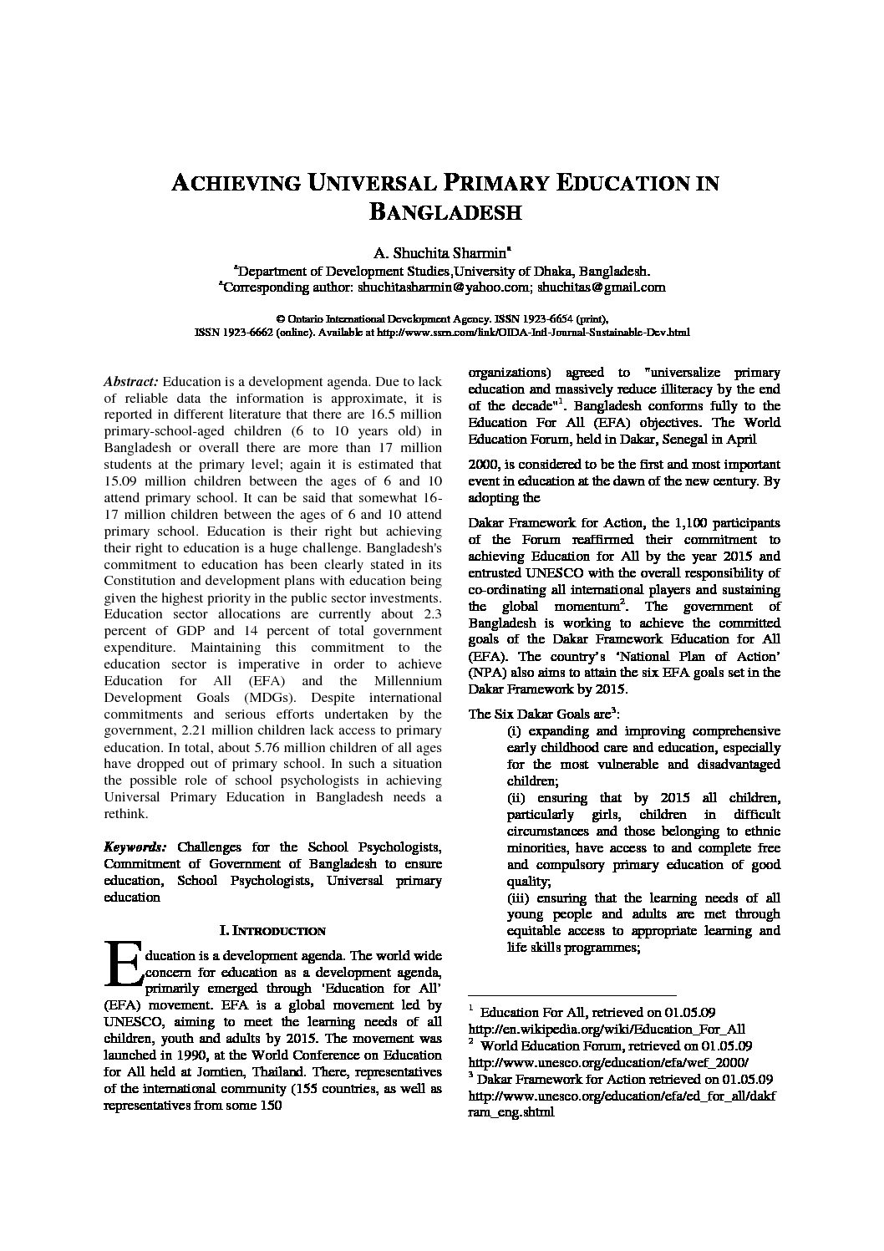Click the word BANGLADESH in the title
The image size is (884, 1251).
[x=445, y=211]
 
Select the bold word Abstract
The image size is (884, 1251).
[x=130, y=381]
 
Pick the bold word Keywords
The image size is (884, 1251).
[x=135, y=847]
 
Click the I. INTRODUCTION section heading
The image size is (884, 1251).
[x=272, y=930]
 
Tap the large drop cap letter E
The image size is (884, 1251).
[x=122, y=964]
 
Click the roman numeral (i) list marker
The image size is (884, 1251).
[x=515, y=731]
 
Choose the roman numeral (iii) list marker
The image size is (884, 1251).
[x=519, y=898]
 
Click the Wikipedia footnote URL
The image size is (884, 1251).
[x=607, y=1030]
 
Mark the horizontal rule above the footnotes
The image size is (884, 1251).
[x=572, y=996]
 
